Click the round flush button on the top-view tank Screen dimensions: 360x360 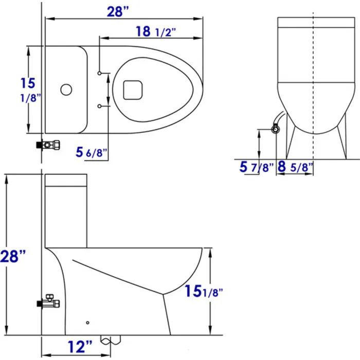tap(65, 89)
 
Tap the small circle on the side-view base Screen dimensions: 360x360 tap(87, 322)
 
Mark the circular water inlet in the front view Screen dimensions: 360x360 tap(276, 130)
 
